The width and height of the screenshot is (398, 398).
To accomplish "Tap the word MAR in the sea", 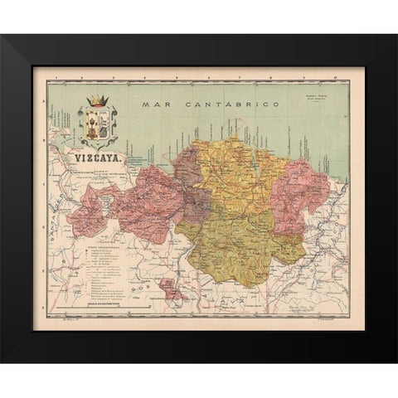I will pos(156,104).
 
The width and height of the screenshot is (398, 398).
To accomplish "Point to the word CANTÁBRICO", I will pos(217,104).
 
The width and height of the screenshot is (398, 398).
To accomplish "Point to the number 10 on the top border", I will pos(332,75).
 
